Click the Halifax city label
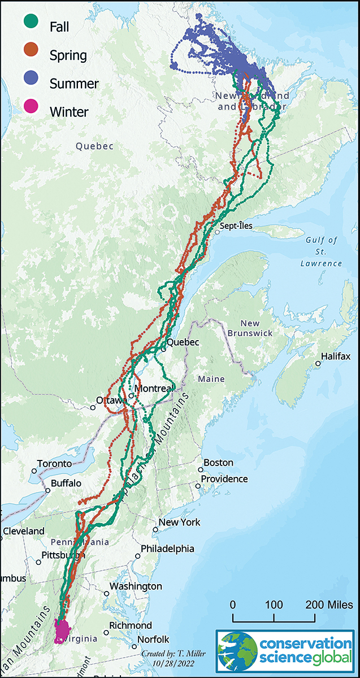tap(336, 357)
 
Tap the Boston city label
tap(218, 463)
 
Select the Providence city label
tap(225, 479)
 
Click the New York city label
tap(179, 522)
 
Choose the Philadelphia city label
tap(167, 549)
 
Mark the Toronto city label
tap(55, 464)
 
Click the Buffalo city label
tap(66, 484)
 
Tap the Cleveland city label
tap(24, 531)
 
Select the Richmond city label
tap(131, 625)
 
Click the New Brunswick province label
tap(250, 328)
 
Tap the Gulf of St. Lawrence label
tap(322, 251)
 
